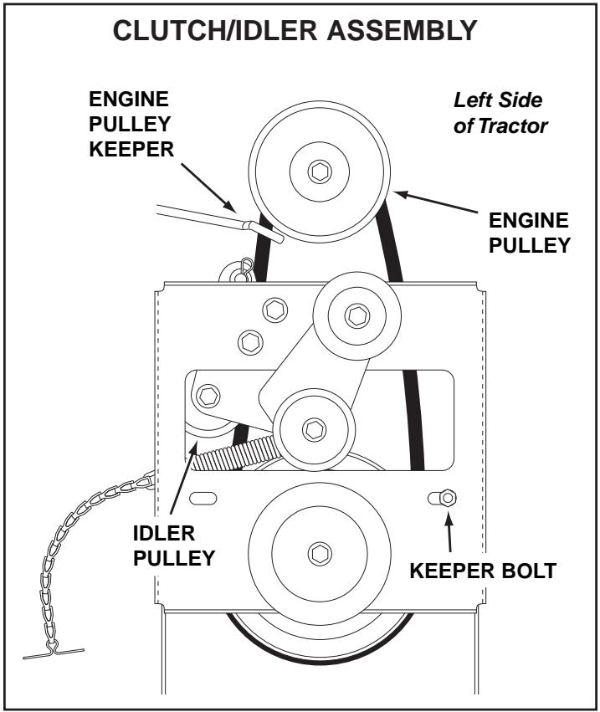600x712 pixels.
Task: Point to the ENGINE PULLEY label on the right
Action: (x=528, y=232)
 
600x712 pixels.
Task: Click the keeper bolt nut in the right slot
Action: (x=447, y=499)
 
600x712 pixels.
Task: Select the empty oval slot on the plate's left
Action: (x=203, y=499)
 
